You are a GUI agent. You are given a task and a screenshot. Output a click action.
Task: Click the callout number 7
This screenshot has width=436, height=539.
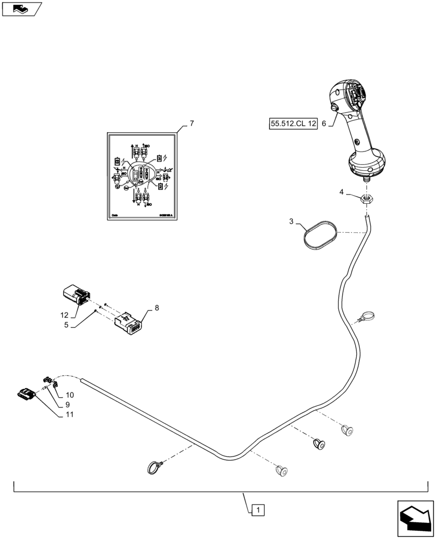click(x=192, y=123)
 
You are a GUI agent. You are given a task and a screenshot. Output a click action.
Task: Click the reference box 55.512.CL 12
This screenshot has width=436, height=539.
click(x=292, y=123)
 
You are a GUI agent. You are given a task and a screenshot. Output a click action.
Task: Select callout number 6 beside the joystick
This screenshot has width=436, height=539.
click(x=324, y=123)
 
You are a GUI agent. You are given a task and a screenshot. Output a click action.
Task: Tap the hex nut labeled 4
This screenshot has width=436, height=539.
click(x=366, y=198)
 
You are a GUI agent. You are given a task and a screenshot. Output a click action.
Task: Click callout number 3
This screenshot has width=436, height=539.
click(x=291, y=221)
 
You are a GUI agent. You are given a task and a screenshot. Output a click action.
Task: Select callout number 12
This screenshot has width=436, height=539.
click(x=65, y=314)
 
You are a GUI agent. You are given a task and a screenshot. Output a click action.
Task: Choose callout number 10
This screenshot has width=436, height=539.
click(x=70, y=395)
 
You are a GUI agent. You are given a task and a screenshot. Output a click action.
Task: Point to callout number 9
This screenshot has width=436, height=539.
click(x=68, y=405)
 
